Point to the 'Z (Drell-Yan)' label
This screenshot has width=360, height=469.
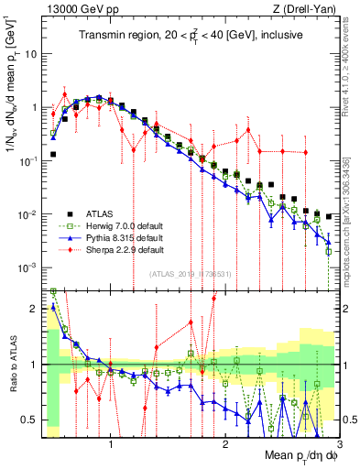pos(309,10)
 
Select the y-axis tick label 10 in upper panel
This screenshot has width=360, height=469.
pos(32,53)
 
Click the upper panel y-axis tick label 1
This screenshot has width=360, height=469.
pos(35,107)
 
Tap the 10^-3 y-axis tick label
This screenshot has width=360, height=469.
pos(29,267)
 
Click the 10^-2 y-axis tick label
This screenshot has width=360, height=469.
pos(29,214)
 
